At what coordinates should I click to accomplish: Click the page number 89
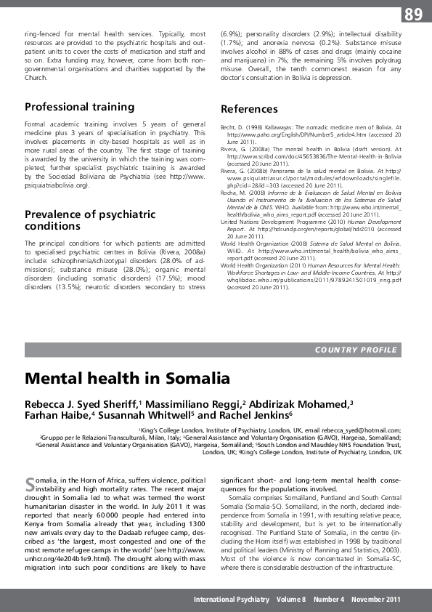pos(413,14)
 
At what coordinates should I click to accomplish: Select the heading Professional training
pos(79,107)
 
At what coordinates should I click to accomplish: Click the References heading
pos(249,109)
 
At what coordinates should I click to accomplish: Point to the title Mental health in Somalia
pos(127,379)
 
